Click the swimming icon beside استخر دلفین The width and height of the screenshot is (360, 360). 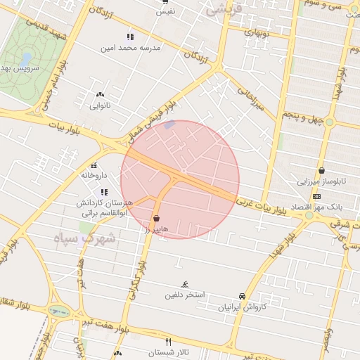pyautogui.click(x=184, y=284)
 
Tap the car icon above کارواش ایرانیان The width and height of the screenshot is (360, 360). pyautogui.click(x=243, y=296)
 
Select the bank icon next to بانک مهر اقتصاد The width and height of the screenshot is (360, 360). pyautogui.click(x=317, y=196)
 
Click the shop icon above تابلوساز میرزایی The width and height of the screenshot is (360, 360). pyautogui.click(x=321, y=170)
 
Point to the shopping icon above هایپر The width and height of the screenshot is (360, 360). pyautogui.click(x=155, y=218)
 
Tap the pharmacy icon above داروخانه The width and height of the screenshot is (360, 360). pyautogui.click(x=94, y=165)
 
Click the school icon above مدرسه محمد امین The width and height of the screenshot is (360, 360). pyautogui.click(x=130, y=37)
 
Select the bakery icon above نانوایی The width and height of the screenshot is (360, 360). pyautogui.click(x=100, y=94)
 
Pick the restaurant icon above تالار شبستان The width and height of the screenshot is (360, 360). pyautogui.click(x=168, y=341)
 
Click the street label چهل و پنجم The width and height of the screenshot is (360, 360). pyautogui.click(x=303, y=115)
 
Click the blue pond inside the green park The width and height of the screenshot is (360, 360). pyautogui.click(x=27, y=58)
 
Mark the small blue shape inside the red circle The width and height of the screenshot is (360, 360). pyautogui.click(x=169, y=125)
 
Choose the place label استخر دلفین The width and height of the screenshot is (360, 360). pyautogui.click(x=185, y=295)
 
